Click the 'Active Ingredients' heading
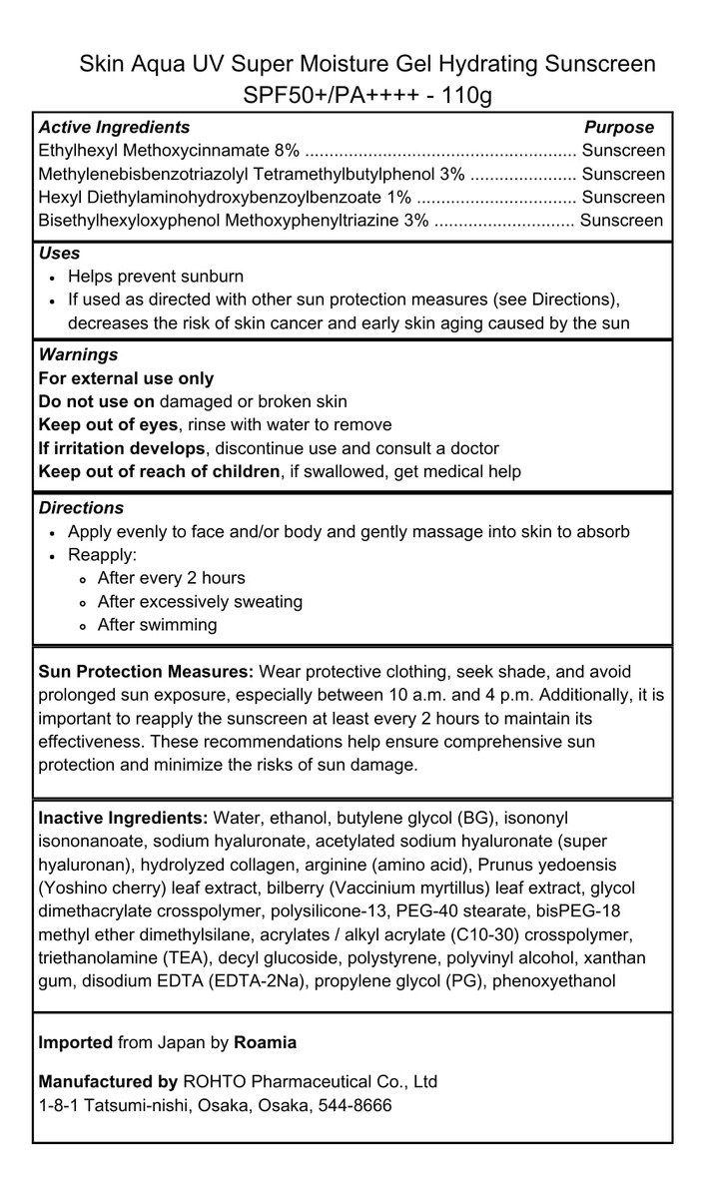pyautogui.click(x=114, y=128)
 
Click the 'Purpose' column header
pyautogui.click(x=619, y=128)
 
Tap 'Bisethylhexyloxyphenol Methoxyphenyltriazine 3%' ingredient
pyautogui.click(x=234, y=221)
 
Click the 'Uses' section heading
pyautogui.click(x=59, y=254)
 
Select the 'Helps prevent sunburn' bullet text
pyautogui.click(x=156, y=277)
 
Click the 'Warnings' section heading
pyautogui.click(x=78, y=354)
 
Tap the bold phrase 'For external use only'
pyautogui.click(x=126, y=378)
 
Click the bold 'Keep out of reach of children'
pyautogui.click(x=159, y=471)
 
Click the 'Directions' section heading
pyautogui.click(x=81, y=508)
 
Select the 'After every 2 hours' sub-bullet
pyautogui.click(x=171, y=578)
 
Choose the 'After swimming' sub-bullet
pyautogui.click(x=157, y=625)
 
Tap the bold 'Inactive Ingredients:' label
pyautogui.click(x=123, y=819)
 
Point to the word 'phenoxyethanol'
pyautogui.click(x=559, y=980)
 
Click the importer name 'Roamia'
pyautogui.click(x=265, y=1042)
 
